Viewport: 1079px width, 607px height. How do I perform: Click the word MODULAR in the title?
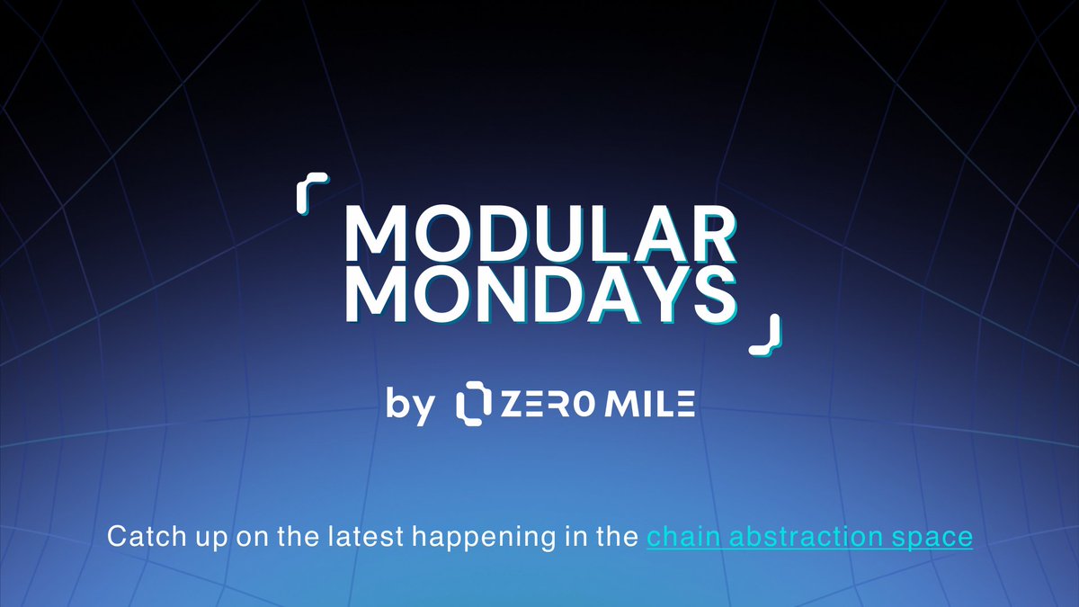(539, 236)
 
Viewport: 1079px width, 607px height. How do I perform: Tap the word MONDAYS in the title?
(539, 294)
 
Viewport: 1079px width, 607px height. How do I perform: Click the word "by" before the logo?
(410, 405)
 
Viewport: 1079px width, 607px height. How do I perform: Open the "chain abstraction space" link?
(809, 538)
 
